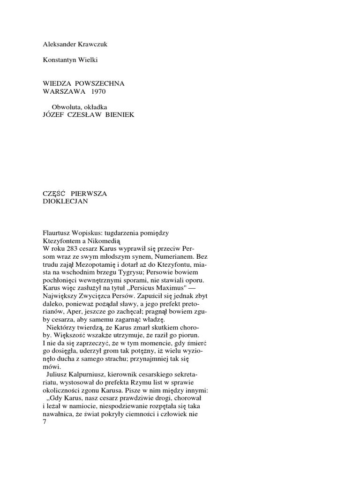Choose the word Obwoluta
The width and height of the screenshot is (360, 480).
click(66, 107)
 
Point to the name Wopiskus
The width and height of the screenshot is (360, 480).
click(94, 233)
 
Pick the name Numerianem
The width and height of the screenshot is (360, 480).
click(178, 256)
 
